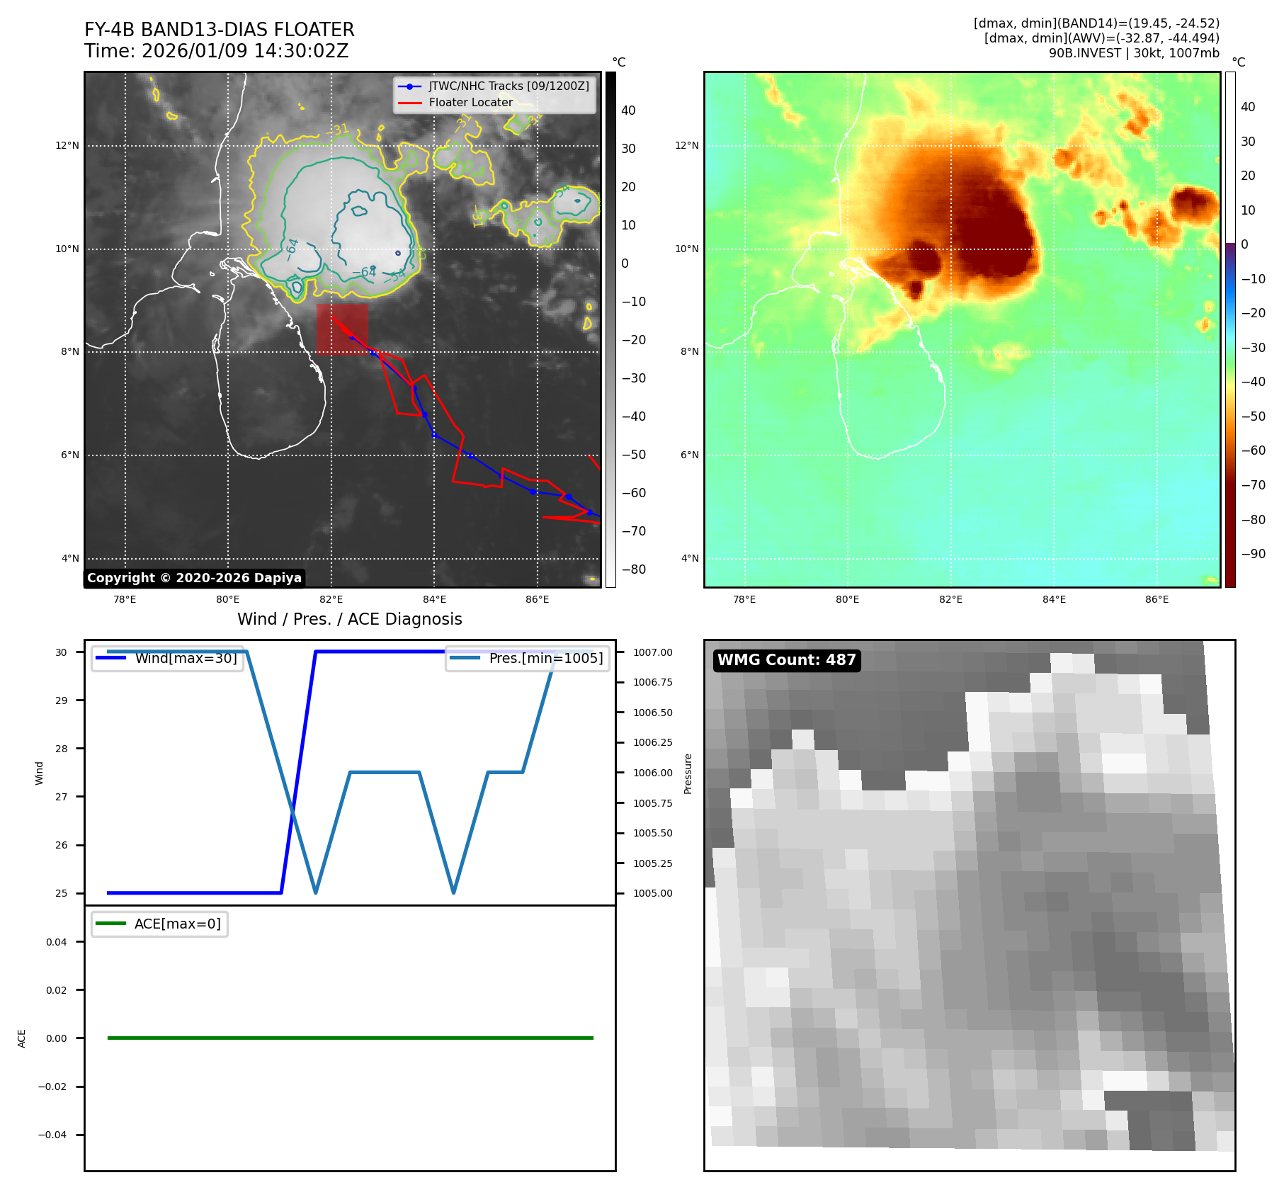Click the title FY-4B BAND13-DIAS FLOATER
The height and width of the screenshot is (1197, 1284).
pos(219,30)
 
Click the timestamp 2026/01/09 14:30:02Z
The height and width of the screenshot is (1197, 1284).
pos(244,51)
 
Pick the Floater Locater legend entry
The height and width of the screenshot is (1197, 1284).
pos(470,103)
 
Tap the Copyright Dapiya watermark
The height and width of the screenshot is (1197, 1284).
pos(194,578)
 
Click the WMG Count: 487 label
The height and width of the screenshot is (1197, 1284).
pos(786,660)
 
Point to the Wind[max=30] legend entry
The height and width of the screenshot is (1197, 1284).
pos(186,658)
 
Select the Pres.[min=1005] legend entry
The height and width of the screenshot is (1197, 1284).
pos(545,658)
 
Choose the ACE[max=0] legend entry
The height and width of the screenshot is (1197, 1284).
pos(177,924)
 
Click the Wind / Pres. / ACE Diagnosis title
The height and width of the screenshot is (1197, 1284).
pos(349,619)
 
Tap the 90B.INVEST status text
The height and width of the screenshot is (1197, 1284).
pos(1133,53)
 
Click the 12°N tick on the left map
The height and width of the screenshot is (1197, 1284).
pos(68,146)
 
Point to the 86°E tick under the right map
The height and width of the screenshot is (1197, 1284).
pos(1157,600)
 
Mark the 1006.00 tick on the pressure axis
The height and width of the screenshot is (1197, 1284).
pos(652,773)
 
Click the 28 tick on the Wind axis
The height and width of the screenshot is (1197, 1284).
pos(62,749)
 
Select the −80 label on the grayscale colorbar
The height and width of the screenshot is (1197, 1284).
pos(633,569)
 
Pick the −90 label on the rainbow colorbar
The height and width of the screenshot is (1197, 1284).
pos(1253,554)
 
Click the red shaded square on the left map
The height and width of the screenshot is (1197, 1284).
pos(342,329)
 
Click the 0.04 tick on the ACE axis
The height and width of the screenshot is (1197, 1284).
pos(57,942)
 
